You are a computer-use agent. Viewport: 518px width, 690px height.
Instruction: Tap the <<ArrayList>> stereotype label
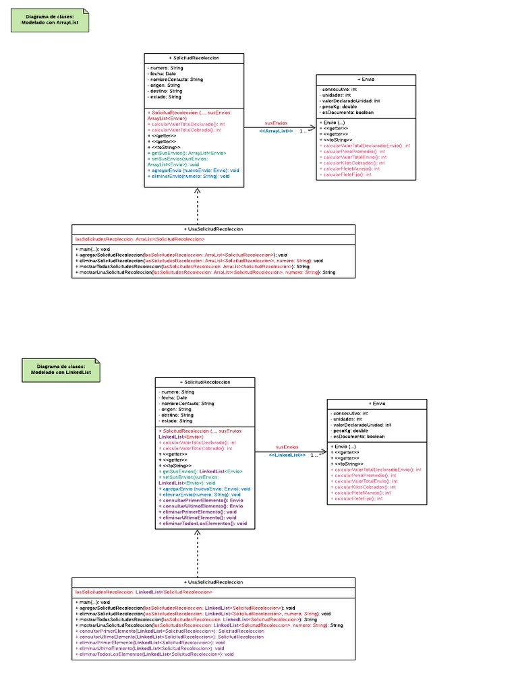tap(276, 130)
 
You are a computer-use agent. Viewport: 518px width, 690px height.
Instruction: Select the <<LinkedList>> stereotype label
tap(287, 455)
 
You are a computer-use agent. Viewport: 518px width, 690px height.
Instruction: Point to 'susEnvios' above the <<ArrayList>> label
tap(275, 123)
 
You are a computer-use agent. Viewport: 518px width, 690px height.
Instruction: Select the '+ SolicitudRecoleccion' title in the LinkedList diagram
tap(205, 382)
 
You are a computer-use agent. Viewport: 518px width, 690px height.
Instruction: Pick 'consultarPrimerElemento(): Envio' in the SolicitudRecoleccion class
tap(200, 501)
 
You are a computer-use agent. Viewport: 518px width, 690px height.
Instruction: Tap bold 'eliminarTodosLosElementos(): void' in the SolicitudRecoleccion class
tap(202, 523)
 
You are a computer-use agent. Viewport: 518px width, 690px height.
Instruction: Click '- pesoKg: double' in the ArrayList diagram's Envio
tap(340, 106)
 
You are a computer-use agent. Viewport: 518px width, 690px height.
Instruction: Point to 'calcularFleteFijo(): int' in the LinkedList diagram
tap(357, 499)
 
